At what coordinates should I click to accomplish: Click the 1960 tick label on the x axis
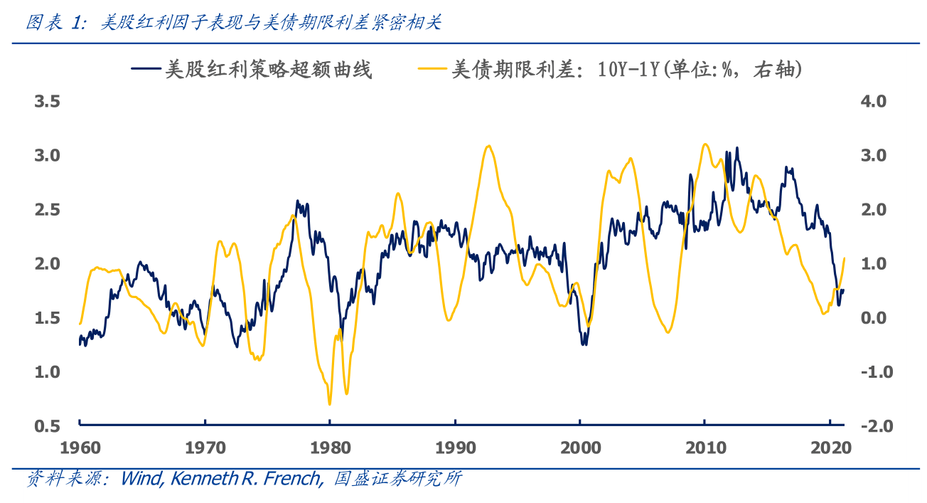(x=79, y=449)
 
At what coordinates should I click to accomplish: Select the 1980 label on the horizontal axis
(x=330, y=449)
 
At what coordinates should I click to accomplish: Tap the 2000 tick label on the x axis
(x=580, y=449)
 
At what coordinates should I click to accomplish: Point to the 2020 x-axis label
(x=830, y=449)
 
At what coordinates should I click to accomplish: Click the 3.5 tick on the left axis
(x=48, y=101)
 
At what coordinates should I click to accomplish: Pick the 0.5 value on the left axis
(x=48, y=425)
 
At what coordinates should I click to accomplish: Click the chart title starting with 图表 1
(x=235, y=23)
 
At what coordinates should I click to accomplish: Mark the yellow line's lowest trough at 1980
(x=329, y=404)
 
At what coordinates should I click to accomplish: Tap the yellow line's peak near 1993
(x=488, y=146)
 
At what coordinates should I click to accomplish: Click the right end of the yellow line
(x=844, y=258)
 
